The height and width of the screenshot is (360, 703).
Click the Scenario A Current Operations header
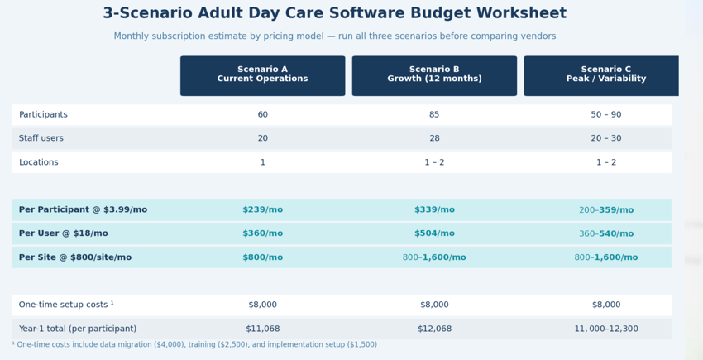(x=262, y=74)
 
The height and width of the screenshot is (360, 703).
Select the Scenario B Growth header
(x=434, y=74)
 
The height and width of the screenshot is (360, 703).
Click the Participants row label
(x=43, y=115)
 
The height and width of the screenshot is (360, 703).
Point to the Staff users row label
(x=41, y=139)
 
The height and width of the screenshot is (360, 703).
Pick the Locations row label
(x=38, y=163)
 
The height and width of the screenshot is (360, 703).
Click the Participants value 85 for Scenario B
(x=434, y=115)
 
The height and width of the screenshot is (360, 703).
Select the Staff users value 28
(x=434, y=139)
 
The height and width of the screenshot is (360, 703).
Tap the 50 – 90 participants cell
(x=605, y=115)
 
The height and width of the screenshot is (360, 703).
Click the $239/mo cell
(x=262, y=210)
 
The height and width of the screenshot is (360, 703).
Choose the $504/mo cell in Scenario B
(x=434, y=233)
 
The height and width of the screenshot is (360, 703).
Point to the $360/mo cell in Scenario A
(x=262, y=233)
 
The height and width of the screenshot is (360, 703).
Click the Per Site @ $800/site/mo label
(x=74, y=257)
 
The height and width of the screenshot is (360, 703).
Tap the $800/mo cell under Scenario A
(x=262, y=257)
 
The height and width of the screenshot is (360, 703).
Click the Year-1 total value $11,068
(x=262, y=329)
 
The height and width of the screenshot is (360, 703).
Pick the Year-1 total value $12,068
(x=434, y=329)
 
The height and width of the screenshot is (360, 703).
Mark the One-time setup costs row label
(x=66, y=305)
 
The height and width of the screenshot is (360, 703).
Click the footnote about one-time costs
(x=194, y=345)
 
